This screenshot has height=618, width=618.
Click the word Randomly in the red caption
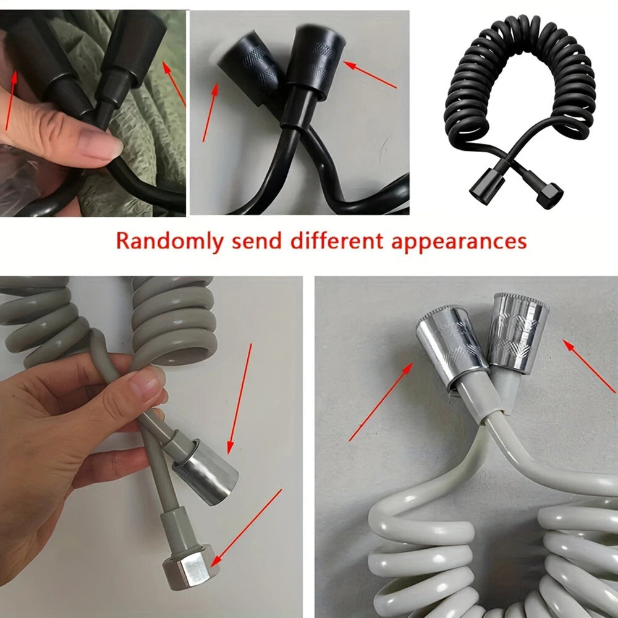(170, 241)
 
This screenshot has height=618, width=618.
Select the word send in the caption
(256, 240)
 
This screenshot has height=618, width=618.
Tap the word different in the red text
(337, 240)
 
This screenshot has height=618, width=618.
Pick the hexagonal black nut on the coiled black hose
(550, 196)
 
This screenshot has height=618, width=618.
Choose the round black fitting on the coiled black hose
(487, 187)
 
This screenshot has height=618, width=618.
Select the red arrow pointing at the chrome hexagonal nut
(248, 528)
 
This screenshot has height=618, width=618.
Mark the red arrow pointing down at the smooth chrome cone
(239, 399)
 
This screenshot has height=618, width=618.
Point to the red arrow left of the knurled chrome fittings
(381, 402)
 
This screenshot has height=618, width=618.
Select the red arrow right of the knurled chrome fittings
(589, 366)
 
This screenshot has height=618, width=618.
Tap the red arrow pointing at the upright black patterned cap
(370, 74)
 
